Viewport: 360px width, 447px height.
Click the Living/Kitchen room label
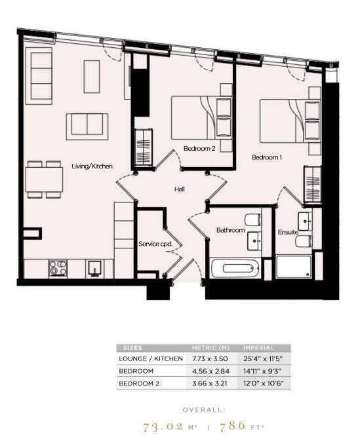pos(92,166)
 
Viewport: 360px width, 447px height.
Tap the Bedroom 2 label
pos(199,149)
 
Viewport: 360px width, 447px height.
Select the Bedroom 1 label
pos(267,157)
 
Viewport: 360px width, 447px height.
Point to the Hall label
pos(180,189)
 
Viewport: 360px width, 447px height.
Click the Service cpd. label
pos(156,244)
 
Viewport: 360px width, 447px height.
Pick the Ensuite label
pos(288,232)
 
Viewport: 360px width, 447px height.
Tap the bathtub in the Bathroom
pos(235,268)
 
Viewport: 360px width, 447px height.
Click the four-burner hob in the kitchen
pos(58,268)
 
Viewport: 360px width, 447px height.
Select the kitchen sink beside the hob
pos(94,269)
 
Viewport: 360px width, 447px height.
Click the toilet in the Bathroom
pos(253,220)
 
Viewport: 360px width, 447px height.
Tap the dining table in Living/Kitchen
pos(44,180)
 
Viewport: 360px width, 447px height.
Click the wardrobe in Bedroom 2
pos(143,147)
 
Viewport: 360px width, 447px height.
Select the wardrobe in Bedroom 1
pos(313,185)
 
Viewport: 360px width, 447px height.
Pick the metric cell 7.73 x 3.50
pos(210,359)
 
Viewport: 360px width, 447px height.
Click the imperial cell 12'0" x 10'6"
pos(264,383)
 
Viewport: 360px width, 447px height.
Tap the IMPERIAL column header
pos(258,348)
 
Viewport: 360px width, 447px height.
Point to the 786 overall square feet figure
pos(233,426)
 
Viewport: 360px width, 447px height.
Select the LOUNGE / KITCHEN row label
pos(151,359)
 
